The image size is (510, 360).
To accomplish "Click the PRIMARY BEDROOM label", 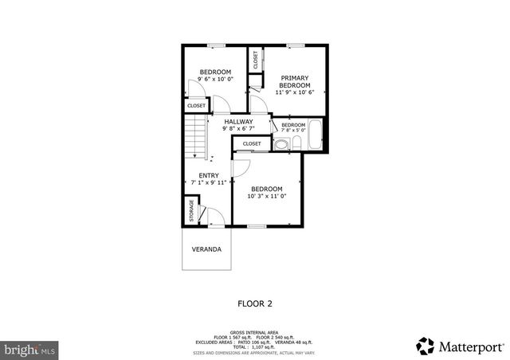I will (x=294, y=81).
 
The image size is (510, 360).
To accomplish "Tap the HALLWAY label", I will (x=238, y=121).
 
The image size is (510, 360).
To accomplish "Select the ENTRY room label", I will (x=209, y=175).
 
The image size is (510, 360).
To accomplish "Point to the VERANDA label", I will (x=206, y=249).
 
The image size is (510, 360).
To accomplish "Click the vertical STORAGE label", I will (x=191, y=211).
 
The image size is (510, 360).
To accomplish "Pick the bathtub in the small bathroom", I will (x=314, y=136).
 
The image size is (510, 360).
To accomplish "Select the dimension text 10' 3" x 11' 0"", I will (x=266, y=196).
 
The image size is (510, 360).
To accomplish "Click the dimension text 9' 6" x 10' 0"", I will (x=215, y=80).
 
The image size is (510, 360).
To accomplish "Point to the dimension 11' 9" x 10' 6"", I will (x=294, y=92).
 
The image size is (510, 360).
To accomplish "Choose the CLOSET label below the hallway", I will (x=252, y=143).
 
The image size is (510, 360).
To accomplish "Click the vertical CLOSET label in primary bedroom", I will (x=256, y=60).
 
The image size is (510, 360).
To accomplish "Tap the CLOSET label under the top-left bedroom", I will (x=196, y=105).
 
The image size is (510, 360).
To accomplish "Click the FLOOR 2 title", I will (x=255, y=303).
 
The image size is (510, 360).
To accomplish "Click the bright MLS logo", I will (x=30, y=349).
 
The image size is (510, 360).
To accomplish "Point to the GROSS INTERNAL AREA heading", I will (x=254, y=331).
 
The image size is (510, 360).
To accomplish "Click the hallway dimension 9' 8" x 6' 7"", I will (x=238, y=128).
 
